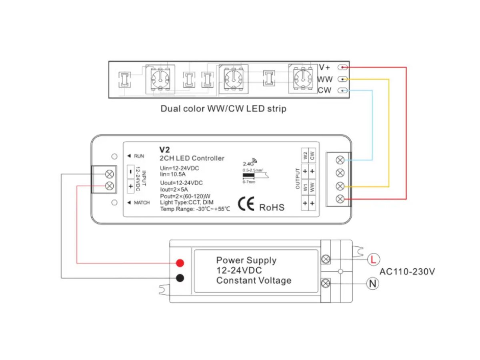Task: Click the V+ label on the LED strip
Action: [324, 68]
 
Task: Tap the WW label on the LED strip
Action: [325, 79]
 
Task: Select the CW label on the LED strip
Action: [324, 90]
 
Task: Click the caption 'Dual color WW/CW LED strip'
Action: [223, 108]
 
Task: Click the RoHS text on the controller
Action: [272, 207]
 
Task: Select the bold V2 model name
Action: [165, 150]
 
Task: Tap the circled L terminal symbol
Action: [373, 260]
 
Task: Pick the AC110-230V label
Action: [407, 272]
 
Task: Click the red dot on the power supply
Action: [180, 263]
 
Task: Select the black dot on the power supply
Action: [180, 278]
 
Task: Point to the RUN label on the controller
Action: [139, 156]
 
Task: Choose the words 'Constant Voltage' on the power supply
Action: [254, 280]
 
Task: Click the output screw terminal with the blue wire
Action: [340, 160]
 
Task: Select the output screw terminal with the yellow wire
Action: [340, 186]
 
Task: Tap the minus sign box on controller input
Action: [131, 172]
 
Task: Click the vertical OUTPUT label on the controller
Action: [297, 179]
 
